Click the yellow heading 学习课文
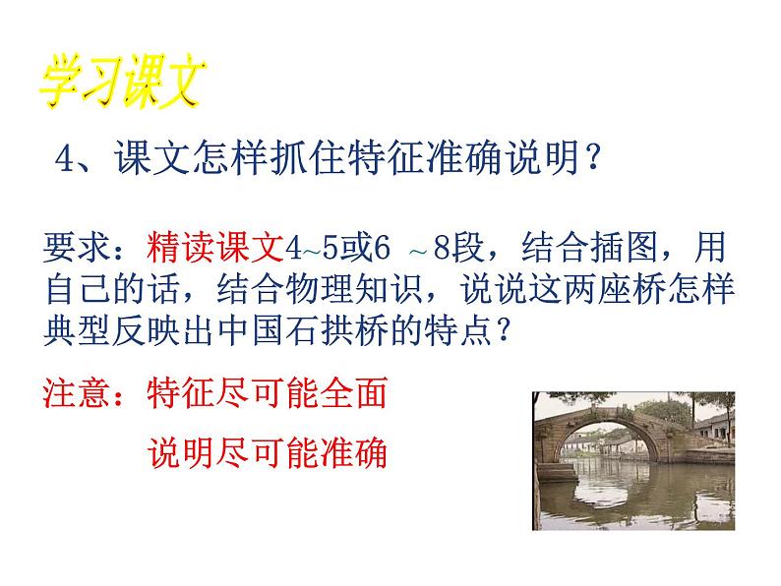point(122,83)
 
